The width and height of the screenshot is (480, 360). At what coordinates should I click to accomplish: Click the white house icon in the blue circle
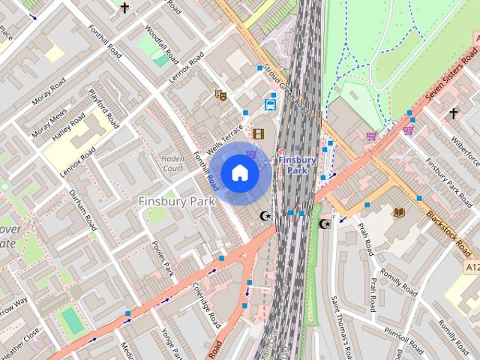pos(239,173)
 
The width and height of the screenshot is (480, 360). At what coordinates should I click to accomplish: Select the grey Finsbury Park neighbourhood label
pos(177,201)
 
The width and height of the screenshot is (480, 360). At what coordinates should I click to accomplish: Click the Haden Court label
pos(172,163)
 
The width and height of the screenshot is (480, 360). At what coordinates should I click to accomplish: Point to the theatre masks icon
pos(220,95)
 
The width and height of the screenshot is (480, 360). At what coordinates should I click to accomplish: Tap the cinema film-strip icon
pos(259,134)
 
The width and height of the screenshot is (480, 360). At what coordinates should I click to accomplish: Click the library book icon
pos(398,212)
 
